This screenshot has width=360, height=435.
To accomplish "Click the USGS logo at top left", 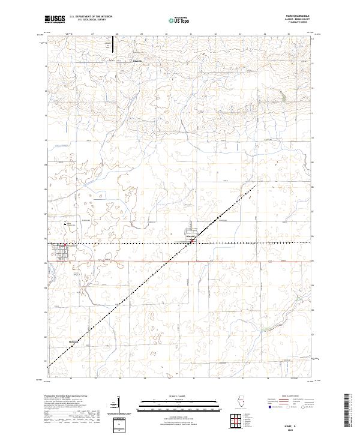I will tap(55, 19).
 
